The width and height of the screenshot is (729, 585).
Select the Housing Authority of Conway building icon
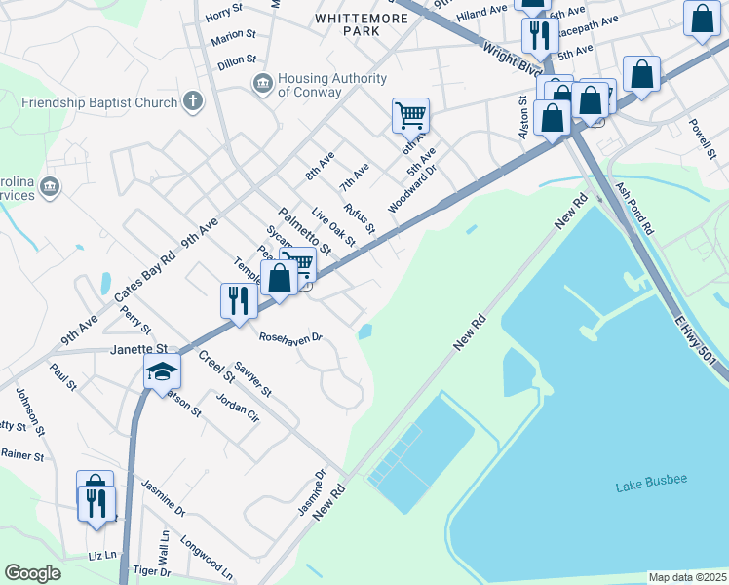point(262,84)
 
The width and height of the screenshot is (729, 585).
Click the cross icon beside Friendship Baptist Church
point(193,101)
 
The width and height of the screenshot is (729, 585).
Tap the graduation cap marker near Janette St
point(163,372)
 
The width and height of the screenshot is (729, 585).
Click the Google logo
point(32,573)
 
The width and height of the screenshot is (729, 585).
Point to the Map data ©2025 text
point(686,577)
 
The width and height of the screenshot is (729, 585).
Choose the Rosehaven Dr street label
point(290,338)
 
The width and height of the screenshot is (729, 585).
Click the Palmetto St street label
point(305,230)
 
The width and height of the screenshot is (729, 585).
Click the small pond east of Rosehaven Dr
point(365,332)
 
